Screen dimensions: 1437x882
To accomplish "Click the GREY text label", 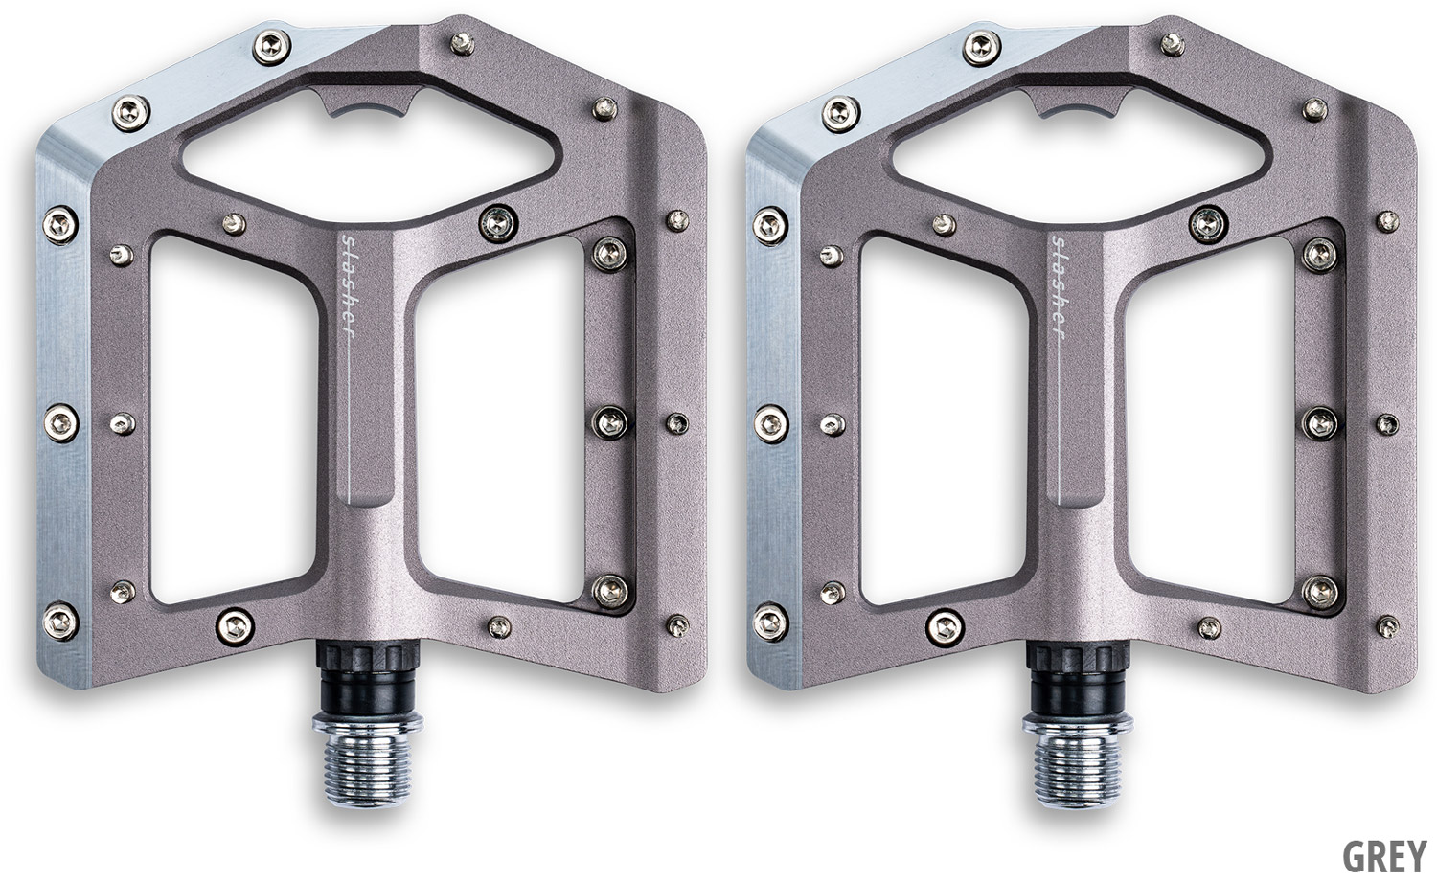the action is click(1384, 855).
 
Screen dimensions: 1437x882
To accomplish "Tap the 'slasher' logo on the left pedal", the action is click(348, 286).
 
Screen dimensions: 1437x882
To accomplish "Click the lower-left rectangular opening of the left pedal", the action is click(235, 420).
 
